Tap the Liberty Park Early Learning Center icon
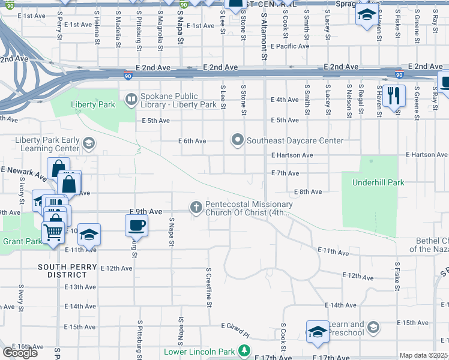tap(89, 142)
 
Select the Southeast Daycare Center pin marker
tap(238, 140)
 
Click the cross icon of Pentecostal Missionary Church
tap(196, 206)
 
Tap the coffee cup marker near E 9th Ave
tap(136, 226)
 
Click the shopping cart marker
tap(53, 231)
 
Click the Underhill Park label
tap(378, 182)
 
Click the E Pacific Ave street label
tap(290, 46)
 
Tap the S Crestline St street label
tap(209, 288)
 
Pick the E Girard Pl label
tap(238, 327)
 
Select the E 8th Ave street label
tap(307, 192)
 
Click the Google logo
tap(20, 353)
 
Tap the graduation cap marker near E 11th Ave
tap(89, 235)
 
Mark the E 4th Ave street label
tap(285, 100)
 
